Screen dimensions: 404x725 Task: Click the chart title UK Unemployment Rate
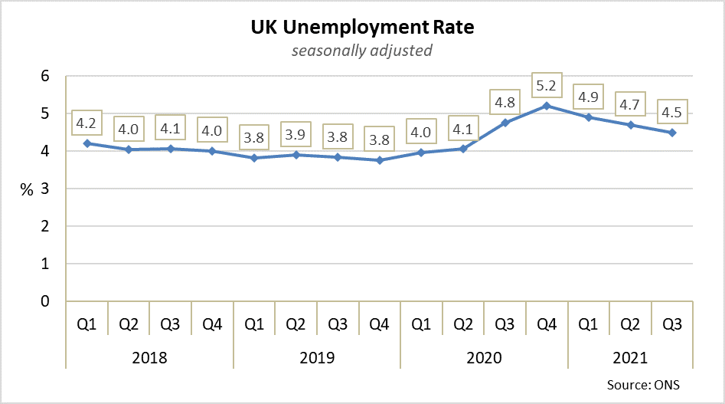click(x=362, y=28)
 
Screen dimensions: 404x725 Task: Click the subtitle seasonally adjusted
click(x=362, y=51)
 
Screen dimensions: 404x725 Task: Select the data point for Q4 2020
click(x=547, y=105)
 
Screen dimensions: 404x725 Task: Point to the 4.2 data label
click(x=87, y=123)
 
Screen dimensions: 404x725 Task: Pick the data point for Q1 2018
click(x=87, y=143)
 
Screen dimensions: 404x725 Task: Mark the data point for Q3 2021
click(x=672, y=133)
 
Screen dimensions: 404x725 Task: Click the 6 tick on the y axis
click(x=45, y=76)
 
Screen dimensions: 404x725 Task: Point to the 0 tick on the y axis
click(x=45, y=301)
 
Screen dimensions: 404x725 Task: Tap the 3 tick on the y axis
click(x=45, y=189)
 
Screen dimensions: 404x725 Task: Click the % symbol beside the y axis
click(x=27, y=190)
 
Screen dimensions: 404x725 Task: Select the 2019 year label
click(x=316, y=358)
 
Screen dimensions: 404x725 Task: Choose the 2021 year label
click(x=630, y=358)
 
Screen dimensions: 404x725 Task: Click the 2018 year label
click(x=149, y=358)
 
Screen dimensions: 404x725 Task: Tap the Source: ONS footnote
click(x=643, y=384)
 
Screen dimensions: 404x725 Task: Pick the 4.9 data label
click(x=589, y=97)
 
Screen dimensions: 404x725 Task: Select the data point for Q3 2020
click(x=505, y=123)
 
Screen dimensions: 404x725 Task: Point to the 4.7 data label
click(x=630, y=104)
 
